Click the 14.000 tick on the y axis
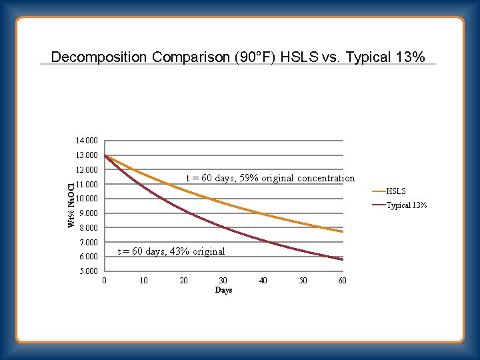[x=87, y=141]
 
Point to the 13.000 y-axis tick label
[x=87, y=155]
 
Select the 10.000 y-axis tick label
[x=87, y=199]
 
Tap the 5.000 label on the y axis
[x=88, y=271]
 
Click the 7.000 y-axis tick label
[x=88, y=242]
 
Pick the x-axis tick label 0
[x=105, y=281]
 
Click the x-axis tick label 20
[x=184, y=281]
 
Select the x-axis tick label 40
[x=263, y=281]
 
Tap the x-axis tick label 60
[x=342, y=281]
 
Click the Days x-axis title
[x=223, y=291]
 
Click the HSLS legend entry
[x=396, y=191]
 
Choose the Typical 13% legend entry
[x=407, y=205]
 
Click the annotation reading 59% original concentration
[x=270, y=178]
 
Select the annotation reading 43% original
[x=171, y=251]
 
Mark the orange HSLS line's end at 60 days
[x=343, y=231]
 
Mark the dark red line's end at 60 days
[x=343, y=259]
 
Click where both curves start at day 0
[x=105, y=155]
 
